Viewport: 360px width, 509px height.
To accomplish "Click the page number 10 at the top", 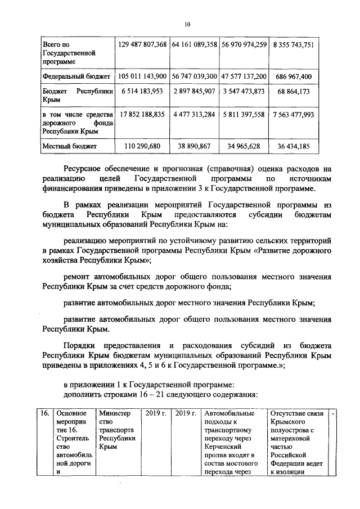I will pyautogui.click(x=187, y=24).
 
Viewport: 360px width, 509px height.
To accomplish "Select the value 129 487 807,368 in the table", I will pyautogui.click(x=142, y=44).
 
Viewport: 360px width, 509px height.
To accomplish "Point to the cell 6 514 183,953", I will pyautogui.click(x=142, y=92).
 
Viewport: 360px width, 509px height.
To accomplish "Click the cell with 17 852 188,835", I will pyautogui.click(x=142, y=115).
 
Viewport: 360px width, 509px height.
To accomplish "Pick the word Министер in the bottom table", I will pyautogui.click(x=114, y=414).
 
